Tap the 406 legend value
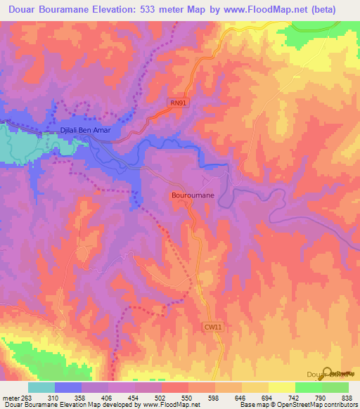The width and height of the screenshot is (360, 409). tap(105, 398)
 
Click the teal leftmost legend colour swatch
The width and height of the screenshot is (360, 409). tap(41, 387)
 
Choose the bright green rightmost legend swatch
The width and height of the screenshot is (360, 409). tap(335, 387)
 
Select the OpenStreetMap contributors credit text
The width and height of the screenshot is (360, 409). tap(317, 405)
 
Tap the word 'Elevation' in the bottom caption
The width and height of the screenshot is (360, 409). tap(73, 405)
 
